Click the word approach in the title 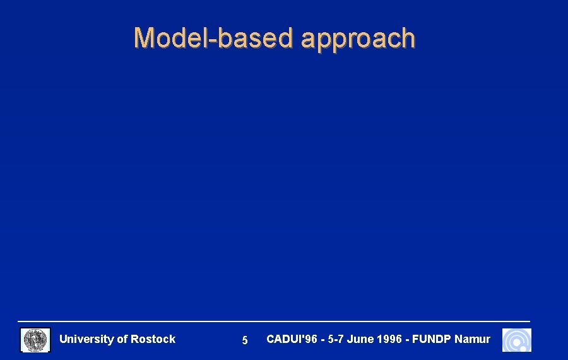tap(358, 39)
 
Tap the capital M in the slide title tap(145, 38)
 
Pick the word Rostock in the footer tap(153, 339)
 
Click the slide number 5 tap(245, 340)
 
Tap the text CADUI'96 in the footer tap(292, 339)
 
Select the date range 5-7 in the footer tap(336, 339)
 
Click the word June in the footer tap(360, 339)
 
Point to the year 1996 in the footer tap(389, 339)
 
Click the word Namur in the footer tap(472, 339)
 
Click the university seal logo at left tap(35, 340)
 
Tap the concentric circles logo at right tap(517, 340)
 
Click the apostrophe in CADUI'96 tap(302, 336)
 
